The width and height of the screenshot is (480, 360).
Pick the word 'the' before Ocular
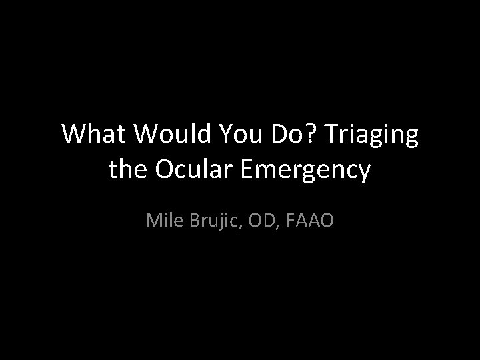pyautogui.click(x=127, y=169)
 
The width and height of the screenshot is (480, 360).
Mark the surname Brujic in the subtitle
pyautogui.click(x=215, y=219)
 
